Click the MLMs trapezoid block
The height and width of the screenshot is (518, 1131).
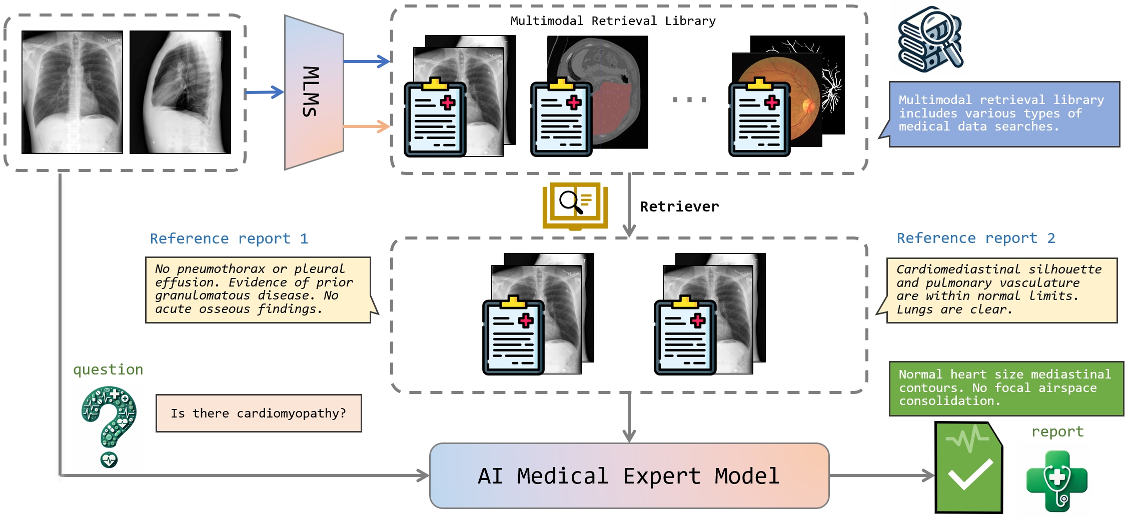point(313,92)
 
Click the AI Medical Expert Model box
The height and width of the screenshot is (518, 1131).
point(629,475)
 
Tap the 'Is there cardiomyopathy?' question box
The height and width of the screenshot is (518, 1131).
point(258,413)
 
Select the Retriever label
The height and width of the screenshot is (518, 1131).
point(679,206)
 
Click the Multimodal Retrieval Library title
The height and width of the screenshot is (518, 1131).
point(613,21)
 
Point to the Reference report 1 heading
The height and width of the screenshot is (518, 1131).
point(229,238)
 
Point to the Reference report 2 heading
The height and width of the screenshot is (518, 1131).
point(975,238)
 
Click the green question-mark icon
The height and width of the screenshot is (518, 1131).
point(109,425)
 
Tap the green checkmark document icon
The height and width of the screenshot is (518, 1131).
point(968,467)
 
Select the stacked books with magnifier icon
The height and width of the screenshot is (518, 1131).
point(930,39)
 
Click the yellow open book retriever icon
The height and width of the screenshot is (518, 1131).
point(575,206)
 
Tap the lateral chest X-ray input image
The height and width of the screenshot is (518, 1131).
point(180,92)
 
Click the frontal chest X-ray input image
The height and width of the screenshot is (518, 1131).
point(72,92)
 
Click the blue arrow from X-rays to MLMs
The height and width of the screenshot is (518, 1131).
point(264,92)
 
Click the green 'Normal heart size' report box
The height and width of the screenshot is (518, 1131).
point(1005,388)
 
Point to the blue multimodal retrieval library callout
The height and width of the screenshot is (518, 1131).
point(1003,114)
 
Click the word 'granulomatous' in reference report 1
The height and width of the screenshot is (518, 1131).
point(202,295)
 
